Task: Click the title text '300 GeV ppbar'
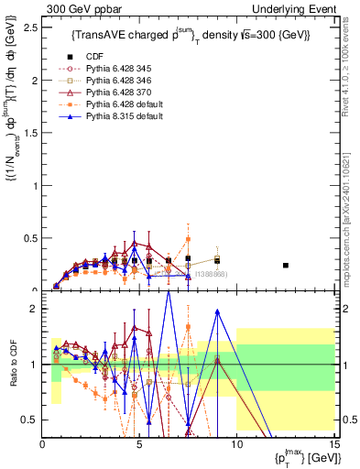coord(76,8)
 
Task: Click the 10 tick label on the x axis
coord(236,445)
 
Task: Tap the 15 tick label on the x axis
coord(333,445)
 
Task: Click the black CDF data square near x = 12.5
coord(286,266)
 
